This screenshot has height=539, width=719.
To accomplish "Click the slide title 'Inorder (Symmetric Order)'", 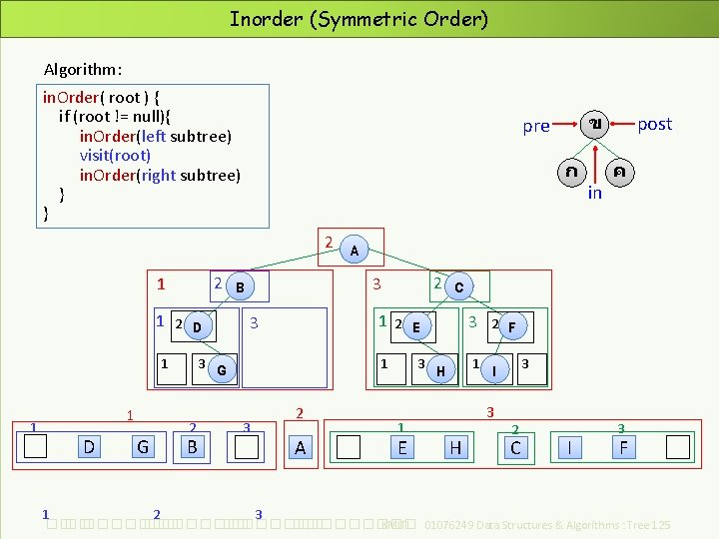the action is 359,19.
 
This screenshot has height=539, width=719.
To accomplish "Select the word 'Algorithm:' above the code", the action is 83,70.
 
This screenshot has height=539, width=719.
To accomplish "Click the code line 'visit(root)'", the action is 115,155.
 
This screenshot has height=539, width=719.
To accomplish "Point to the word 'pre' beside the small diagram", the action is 536,126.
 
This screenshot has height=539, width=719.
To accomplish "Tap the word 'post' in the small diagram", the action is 654,124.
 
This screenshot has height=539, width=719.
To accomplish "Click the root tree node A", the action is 354,250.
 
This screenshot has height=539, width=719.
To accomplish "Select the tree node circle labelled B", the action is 239,287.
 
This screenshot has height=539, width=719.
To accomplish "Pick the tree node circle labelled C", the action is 457,287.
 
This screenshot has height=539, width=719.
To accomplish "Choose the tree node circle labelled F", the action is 511,325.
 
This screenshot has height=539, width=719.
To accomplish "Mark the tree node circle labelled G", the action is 221,371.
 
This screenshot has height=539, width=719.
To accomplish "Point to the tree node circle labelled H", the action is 439,371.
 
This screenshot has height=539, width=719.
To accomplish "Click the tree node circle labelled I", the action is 493,371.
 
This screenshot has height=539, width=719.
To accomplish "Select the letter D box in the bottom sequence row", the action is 89,447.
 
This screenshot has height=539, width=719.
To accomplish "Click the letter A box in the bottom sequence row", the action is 301,447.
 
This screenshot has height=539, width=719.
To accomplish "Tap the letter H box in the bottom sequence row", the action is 455,447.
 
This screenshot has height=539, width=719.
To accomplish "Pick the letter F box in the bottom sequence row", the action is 623,447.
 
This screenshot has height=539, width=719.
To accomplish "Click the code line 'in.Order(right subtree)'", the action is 160,175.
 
